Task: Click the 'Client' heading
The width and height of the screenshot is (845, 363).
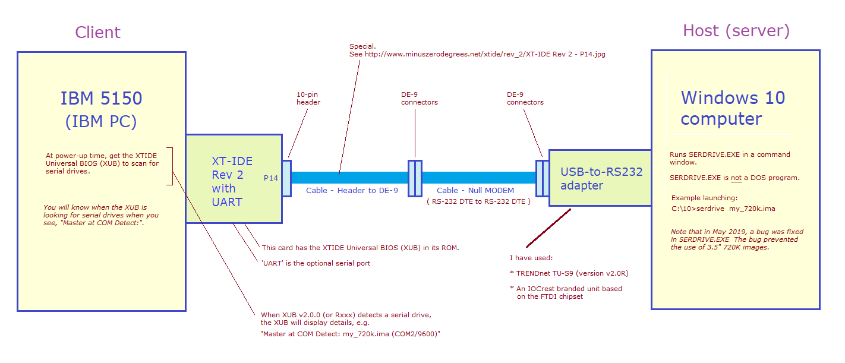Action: [x=97, y=32]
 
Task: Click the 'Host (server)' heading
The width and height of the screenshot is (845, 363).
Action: [x=736, y=31]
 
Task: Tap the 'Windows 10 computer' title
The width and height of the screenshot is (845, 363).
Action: [x=733, y=108]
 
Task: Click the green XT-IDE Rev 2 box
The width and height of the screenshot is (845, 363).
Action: [x=233, y=178]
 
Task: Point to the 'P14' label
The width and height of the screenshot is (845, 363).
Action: [x=271, y=177]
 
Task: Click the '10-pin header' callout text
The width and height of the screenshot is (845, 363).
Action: [x=308, y=98]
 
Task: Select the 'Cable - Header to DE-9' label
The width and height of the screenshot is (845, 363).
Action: [x=352, y=191]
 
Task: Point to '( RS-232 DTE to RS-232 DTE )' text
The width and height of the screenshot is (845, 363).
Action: [x=479, y=201]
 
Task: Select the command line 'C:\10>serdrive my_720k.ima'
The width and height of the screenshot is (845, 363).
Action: [x=723, y=209]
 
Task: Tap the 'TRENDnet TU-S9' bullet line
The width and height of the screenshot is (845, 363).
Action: [x=569, y=273]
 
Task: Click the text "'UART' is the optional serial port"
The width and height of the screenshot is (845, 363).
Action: [x=316, y=263]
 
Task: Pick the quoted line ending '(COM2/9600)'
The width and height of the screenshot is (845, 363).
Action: [x=350, y=334]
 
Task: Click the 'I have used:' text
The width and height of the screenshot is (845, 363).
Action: [x=531, y=258]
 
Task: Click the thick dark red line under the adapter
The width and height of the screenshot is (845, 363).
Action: [x=548, y=228]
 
